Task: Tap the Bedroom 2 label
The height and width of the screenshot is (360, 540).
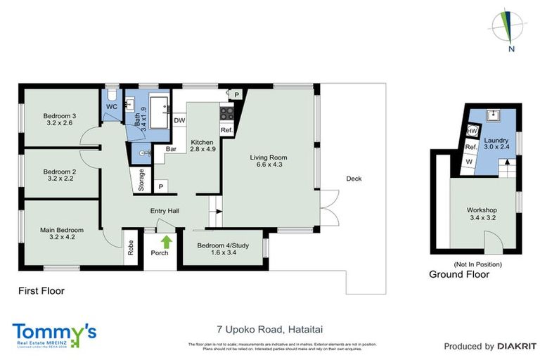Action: coord(59,175)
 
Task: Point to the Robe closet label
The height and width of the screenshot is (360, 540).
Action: coord(131,247)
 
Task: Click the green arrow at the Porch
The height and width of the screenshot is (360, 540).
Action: coord(166,242)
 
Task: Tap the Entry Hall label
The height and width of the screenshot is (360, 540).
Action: coord(165,211)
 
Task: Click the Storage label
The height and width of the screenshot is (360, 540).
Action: coord(141,181)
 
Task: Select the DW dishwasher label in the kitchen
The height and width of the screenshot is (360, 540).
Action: coord(179,121)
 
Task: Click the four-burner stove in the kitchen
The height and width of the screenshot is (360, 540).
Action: coord(226,113)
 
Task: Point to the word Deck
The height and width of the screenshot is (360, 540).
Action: coord(354,179)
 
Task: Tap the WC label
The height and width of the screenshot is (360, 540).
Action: coord(112,106)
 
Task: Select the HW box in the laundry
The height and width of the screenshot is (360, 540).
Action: coord(472,131)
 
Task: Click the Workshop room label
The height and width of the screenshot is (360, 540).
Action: coord(482,214)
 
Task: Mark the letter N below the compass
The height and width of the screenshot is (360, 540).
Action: coord(512,49)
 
